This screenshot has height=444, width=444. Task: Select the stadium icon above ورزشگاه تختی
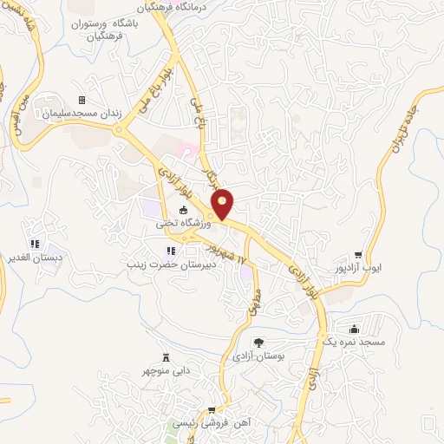pyautogui.click(x=183, y=210)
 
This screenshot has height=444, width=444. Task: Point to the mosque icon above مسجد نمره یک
pyautogui.click(x=354, y=330)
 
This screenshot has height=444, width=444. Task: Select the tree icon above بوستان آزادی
pyautogui.click(x=258, y=343)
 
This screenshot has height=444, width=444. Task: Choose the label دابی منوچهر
pyautogui.click(x=166, y=372)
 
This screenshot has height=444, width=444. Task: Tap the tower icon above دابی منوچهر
pyautogui.click(x=166, y=358)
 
